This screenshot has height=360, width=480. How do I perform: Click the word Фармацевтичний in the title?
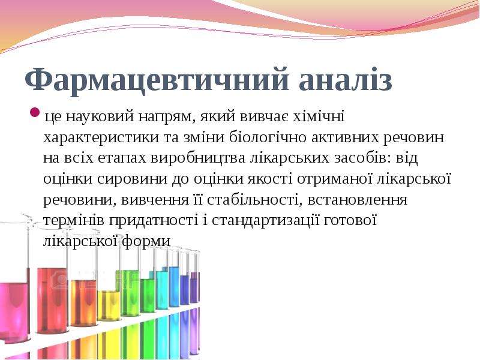point(157,79)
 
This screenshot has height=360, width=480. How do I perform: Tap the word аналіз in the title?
point(346,79)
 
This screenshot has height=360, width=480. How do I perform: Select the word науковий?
point(100,116)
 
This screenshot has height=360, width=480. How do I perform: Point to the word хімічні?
point(319,116)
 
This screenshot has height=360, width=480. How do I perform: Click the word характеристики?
point(101,138)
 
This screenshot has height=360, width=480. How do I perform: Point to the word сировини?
point(132,179)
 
